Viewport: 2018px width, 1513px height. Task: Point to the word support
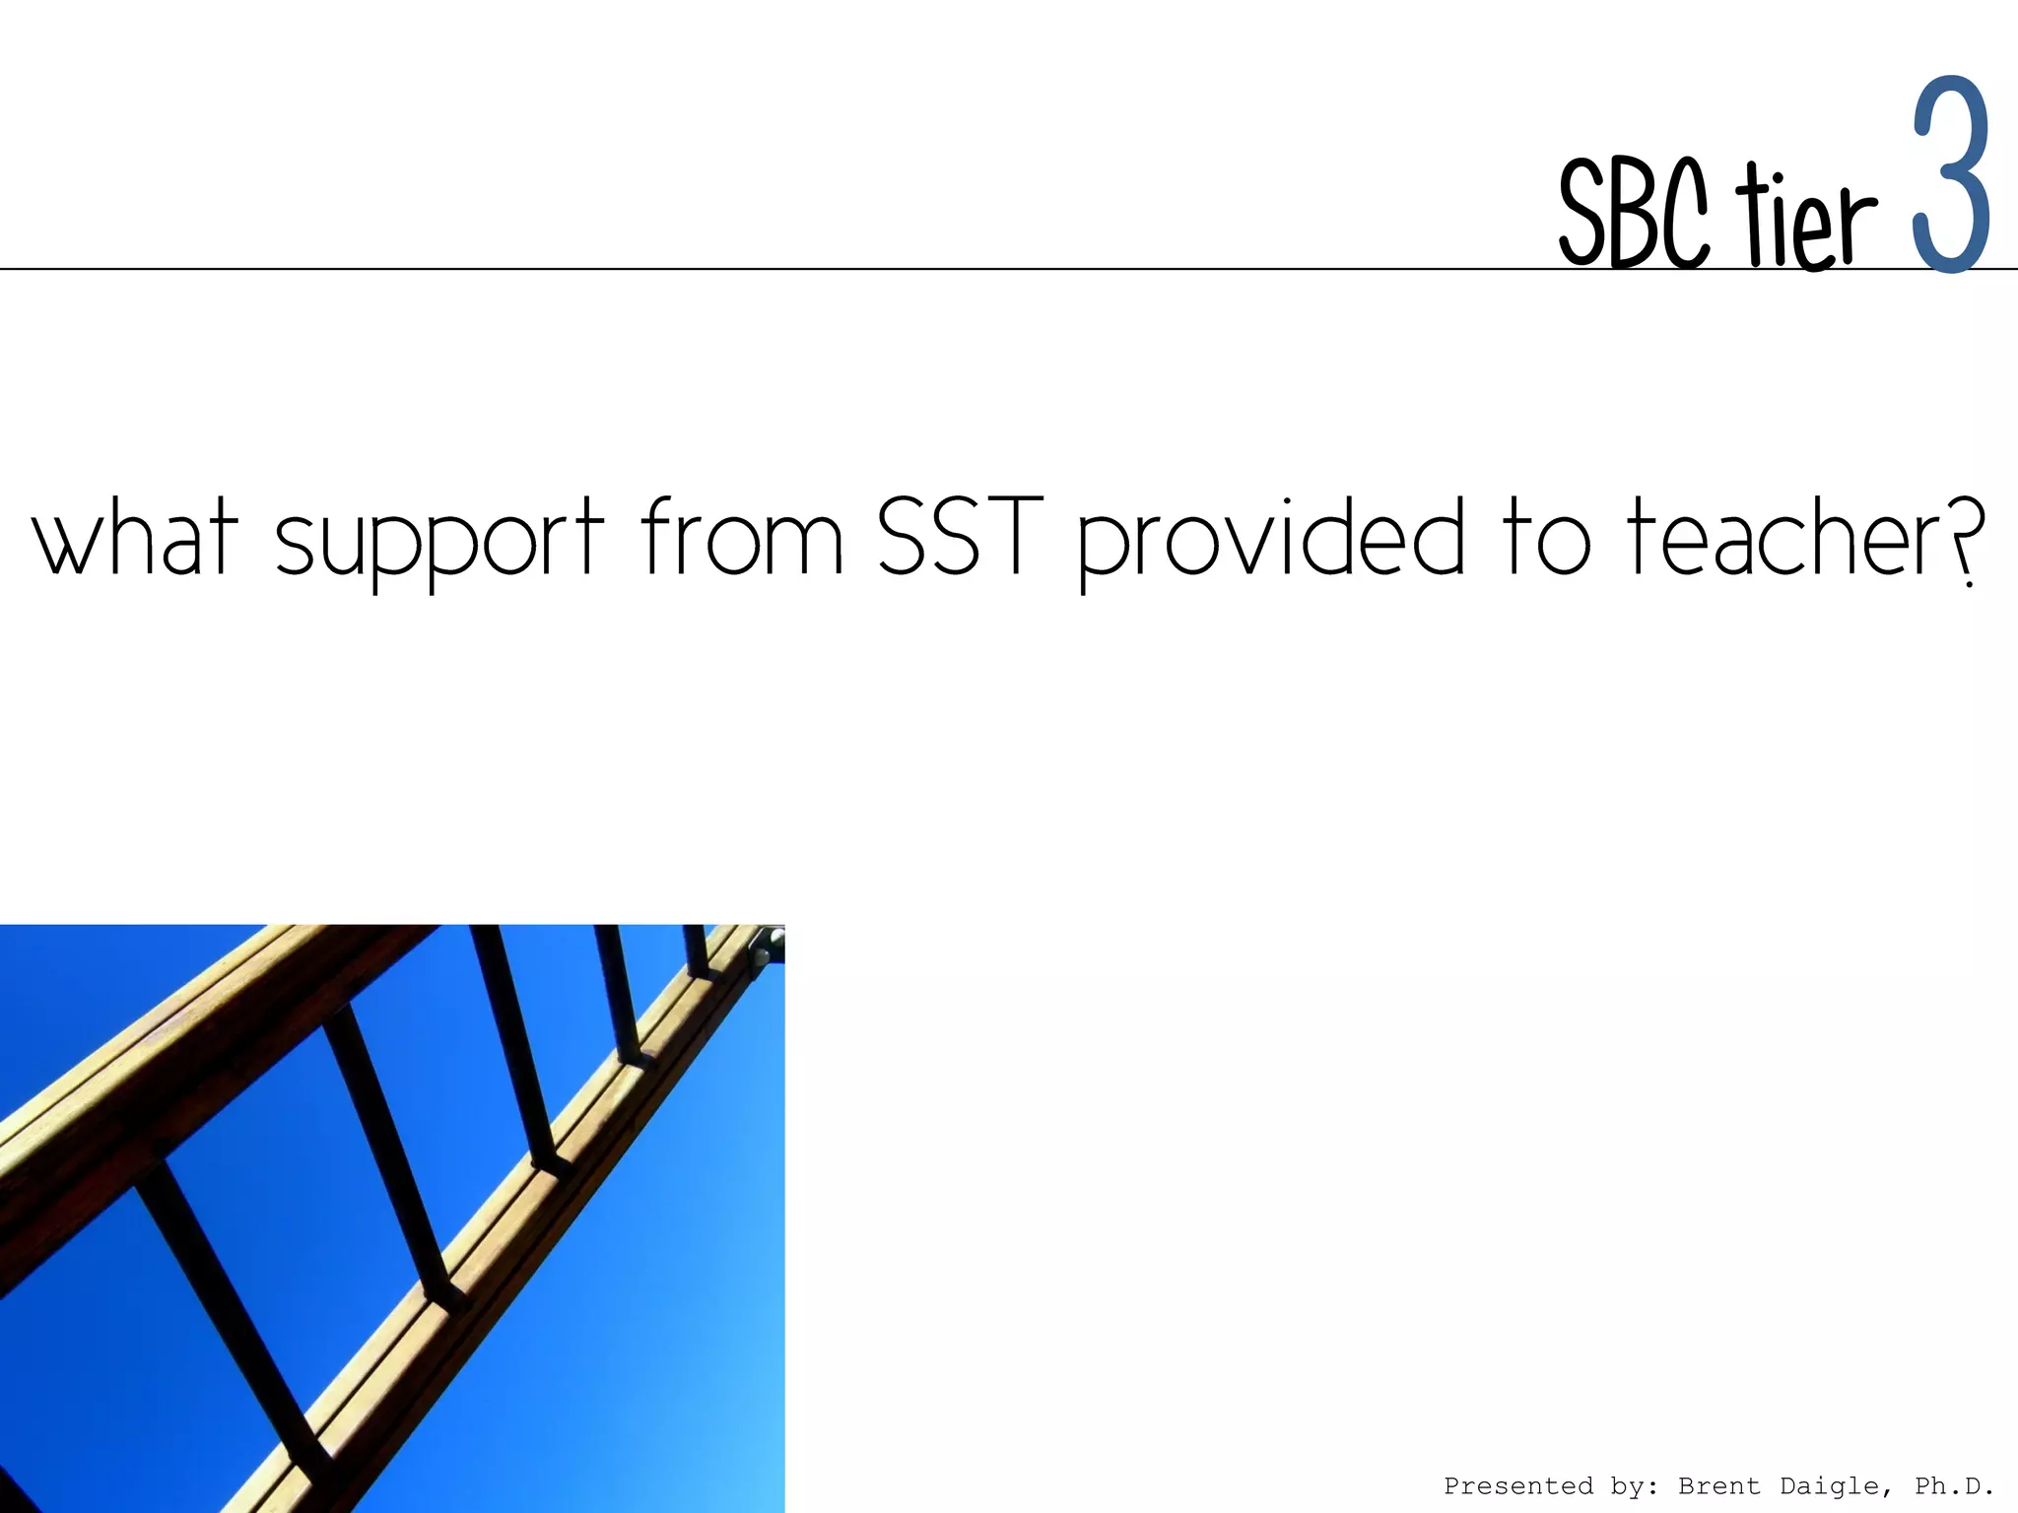[x=438, y=542]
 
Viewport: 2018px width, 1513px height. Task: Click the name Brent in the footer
[x=1718, y=1485]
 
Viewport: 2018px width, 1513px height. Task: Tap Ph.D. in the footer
[x=1954, y=1485]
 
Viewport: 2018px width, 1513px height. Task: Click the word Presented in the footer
[x=1518, y=1485]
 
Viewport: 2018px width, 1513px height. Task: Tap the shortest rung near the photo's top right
[x=696, y=950]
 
